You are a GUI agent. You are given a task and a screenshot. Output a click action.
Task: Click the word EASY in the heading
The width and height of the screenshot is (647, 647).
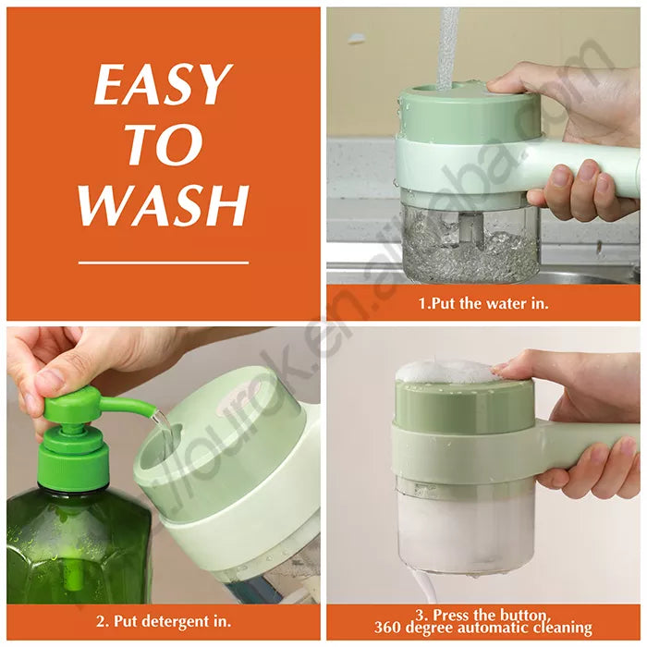point(161,84)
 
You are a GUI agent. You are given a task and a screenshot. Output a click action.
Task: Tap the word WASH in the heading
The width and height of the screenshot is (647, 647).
point(165,205)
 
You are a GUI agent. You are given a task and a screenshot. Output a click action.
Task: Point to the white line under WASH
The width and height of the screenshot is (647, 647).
point(164,262)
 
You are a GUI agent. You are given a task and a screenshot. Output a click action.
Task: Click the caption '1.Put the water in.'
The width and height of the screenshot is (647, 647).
point(483,304)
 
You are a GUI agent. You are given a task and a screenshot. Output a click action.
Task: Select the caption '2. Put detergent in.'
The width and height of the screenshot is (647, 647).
point(164,621)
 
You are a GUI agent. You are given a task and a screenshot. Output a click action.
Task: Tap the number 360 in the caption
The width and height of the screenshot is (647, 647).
point(388,628)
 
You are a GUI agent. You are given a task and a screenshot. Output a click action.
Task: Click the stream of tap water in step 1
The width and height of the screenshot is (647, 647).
point(446,45)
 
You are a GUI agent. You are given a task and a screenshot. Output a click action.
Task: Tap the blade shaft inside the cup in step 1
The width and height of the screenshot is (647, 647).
point(470,227)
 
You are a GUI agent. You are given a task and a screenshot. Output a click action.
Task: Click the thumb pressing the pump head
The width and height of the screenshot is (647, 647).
point(49,379)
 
